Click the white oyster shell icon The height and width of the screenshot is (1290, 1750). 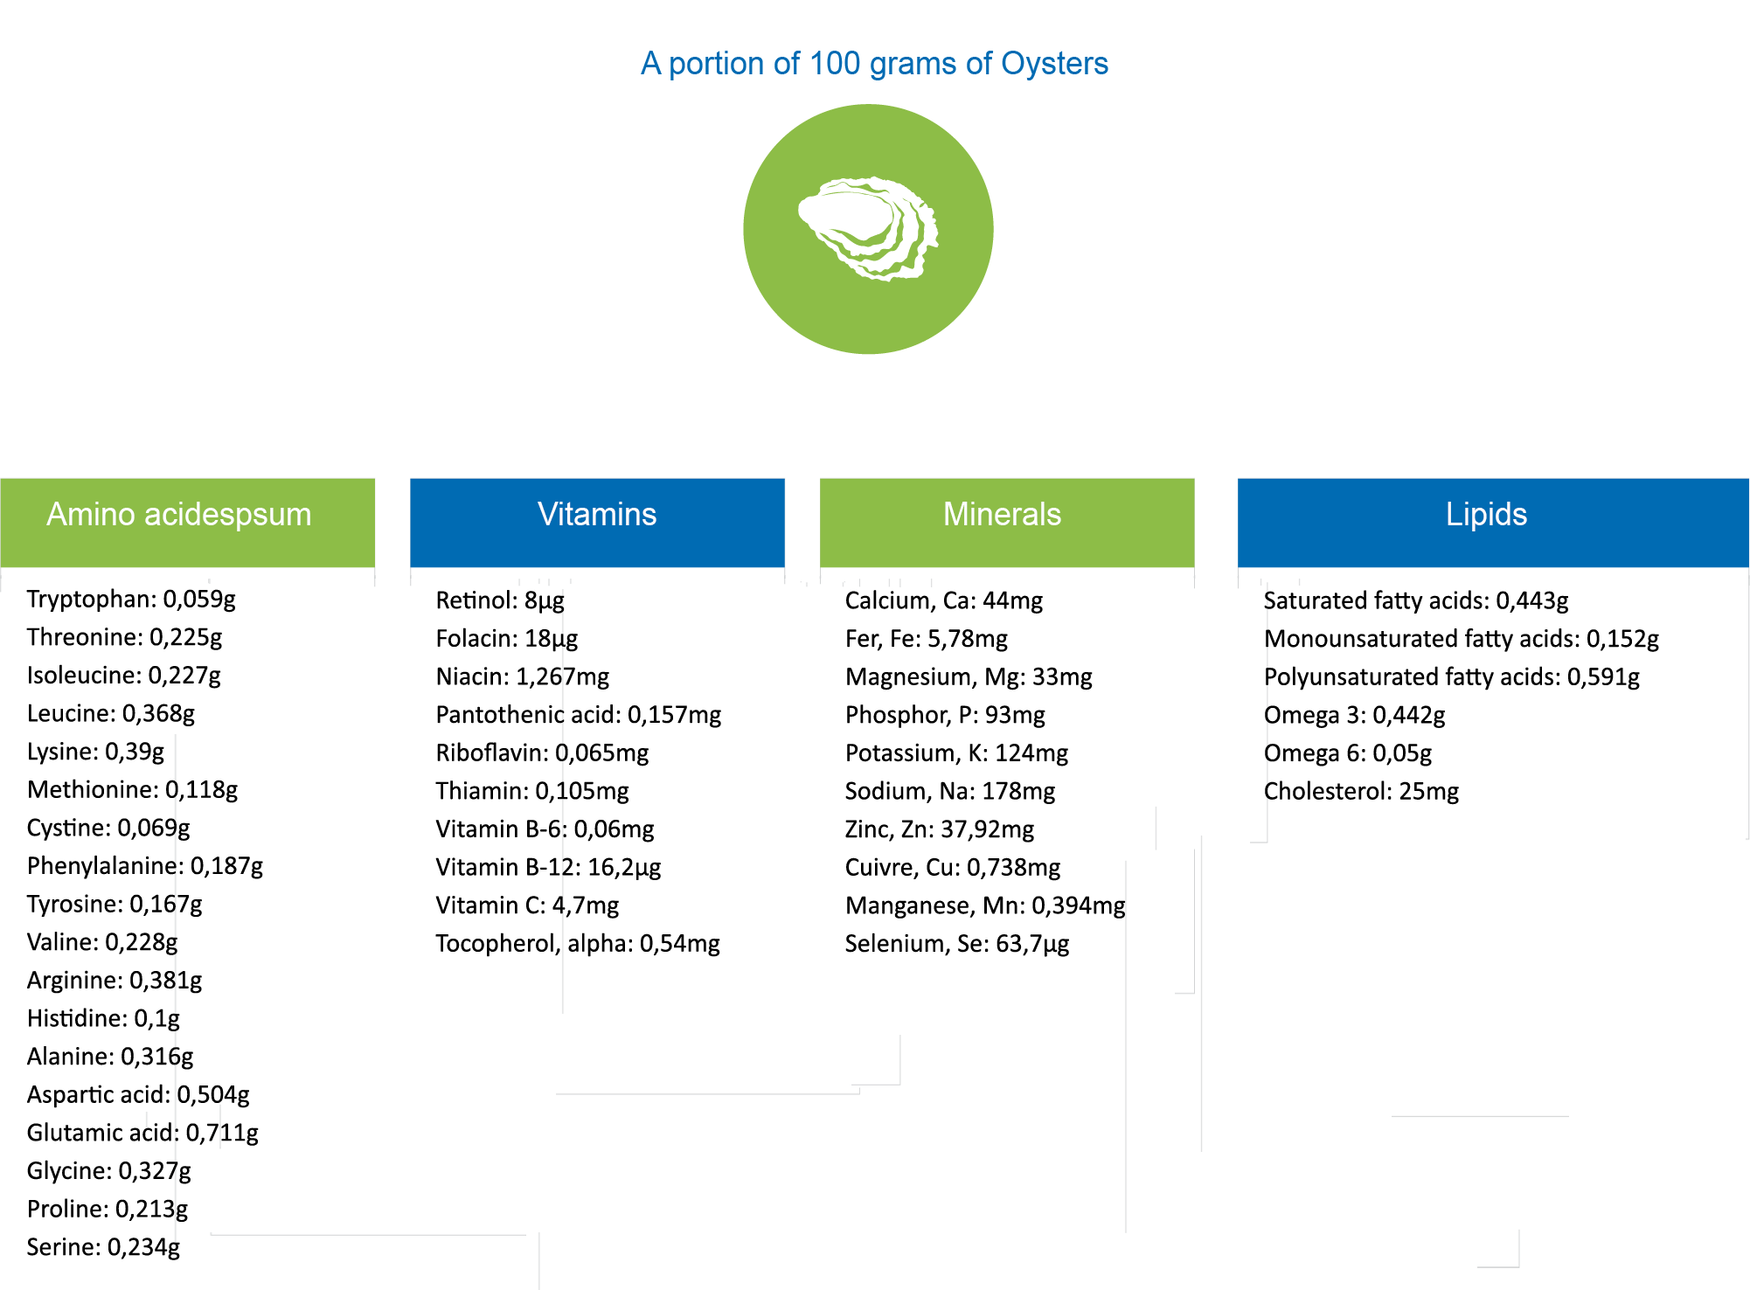pyautogui.click(x=868, y=229)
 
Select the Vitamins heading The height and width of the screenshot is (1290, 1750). pyautogui.click(x=597, y=514)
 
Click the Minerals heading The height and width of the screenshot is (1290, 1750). pyautogui.click(x=1002, y=514)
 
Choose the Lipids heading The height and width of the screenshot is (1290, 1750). pyautogui.click(x=1486, y=514)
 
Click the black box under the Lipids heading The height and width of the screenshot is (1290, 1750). pyautogui.click(x=1461, y=697)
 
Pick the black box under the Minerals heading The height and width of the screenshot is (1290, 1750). pyautogui.click(x=985, y=773)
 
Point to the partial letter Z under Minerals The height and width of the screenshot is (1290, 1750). pyautogui.click(x=850, y=829)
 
